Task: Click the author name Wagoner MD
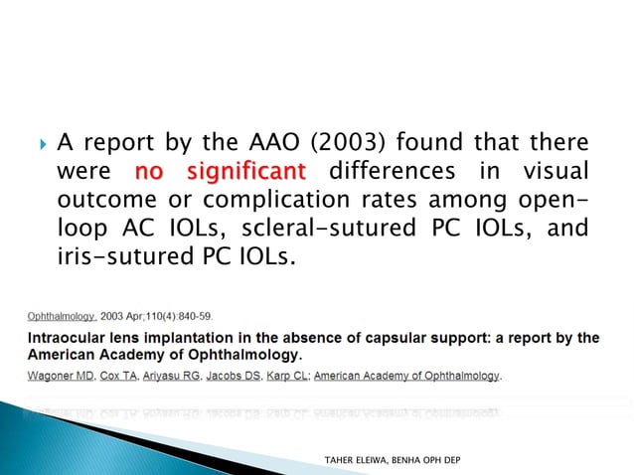click(52, 377)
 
